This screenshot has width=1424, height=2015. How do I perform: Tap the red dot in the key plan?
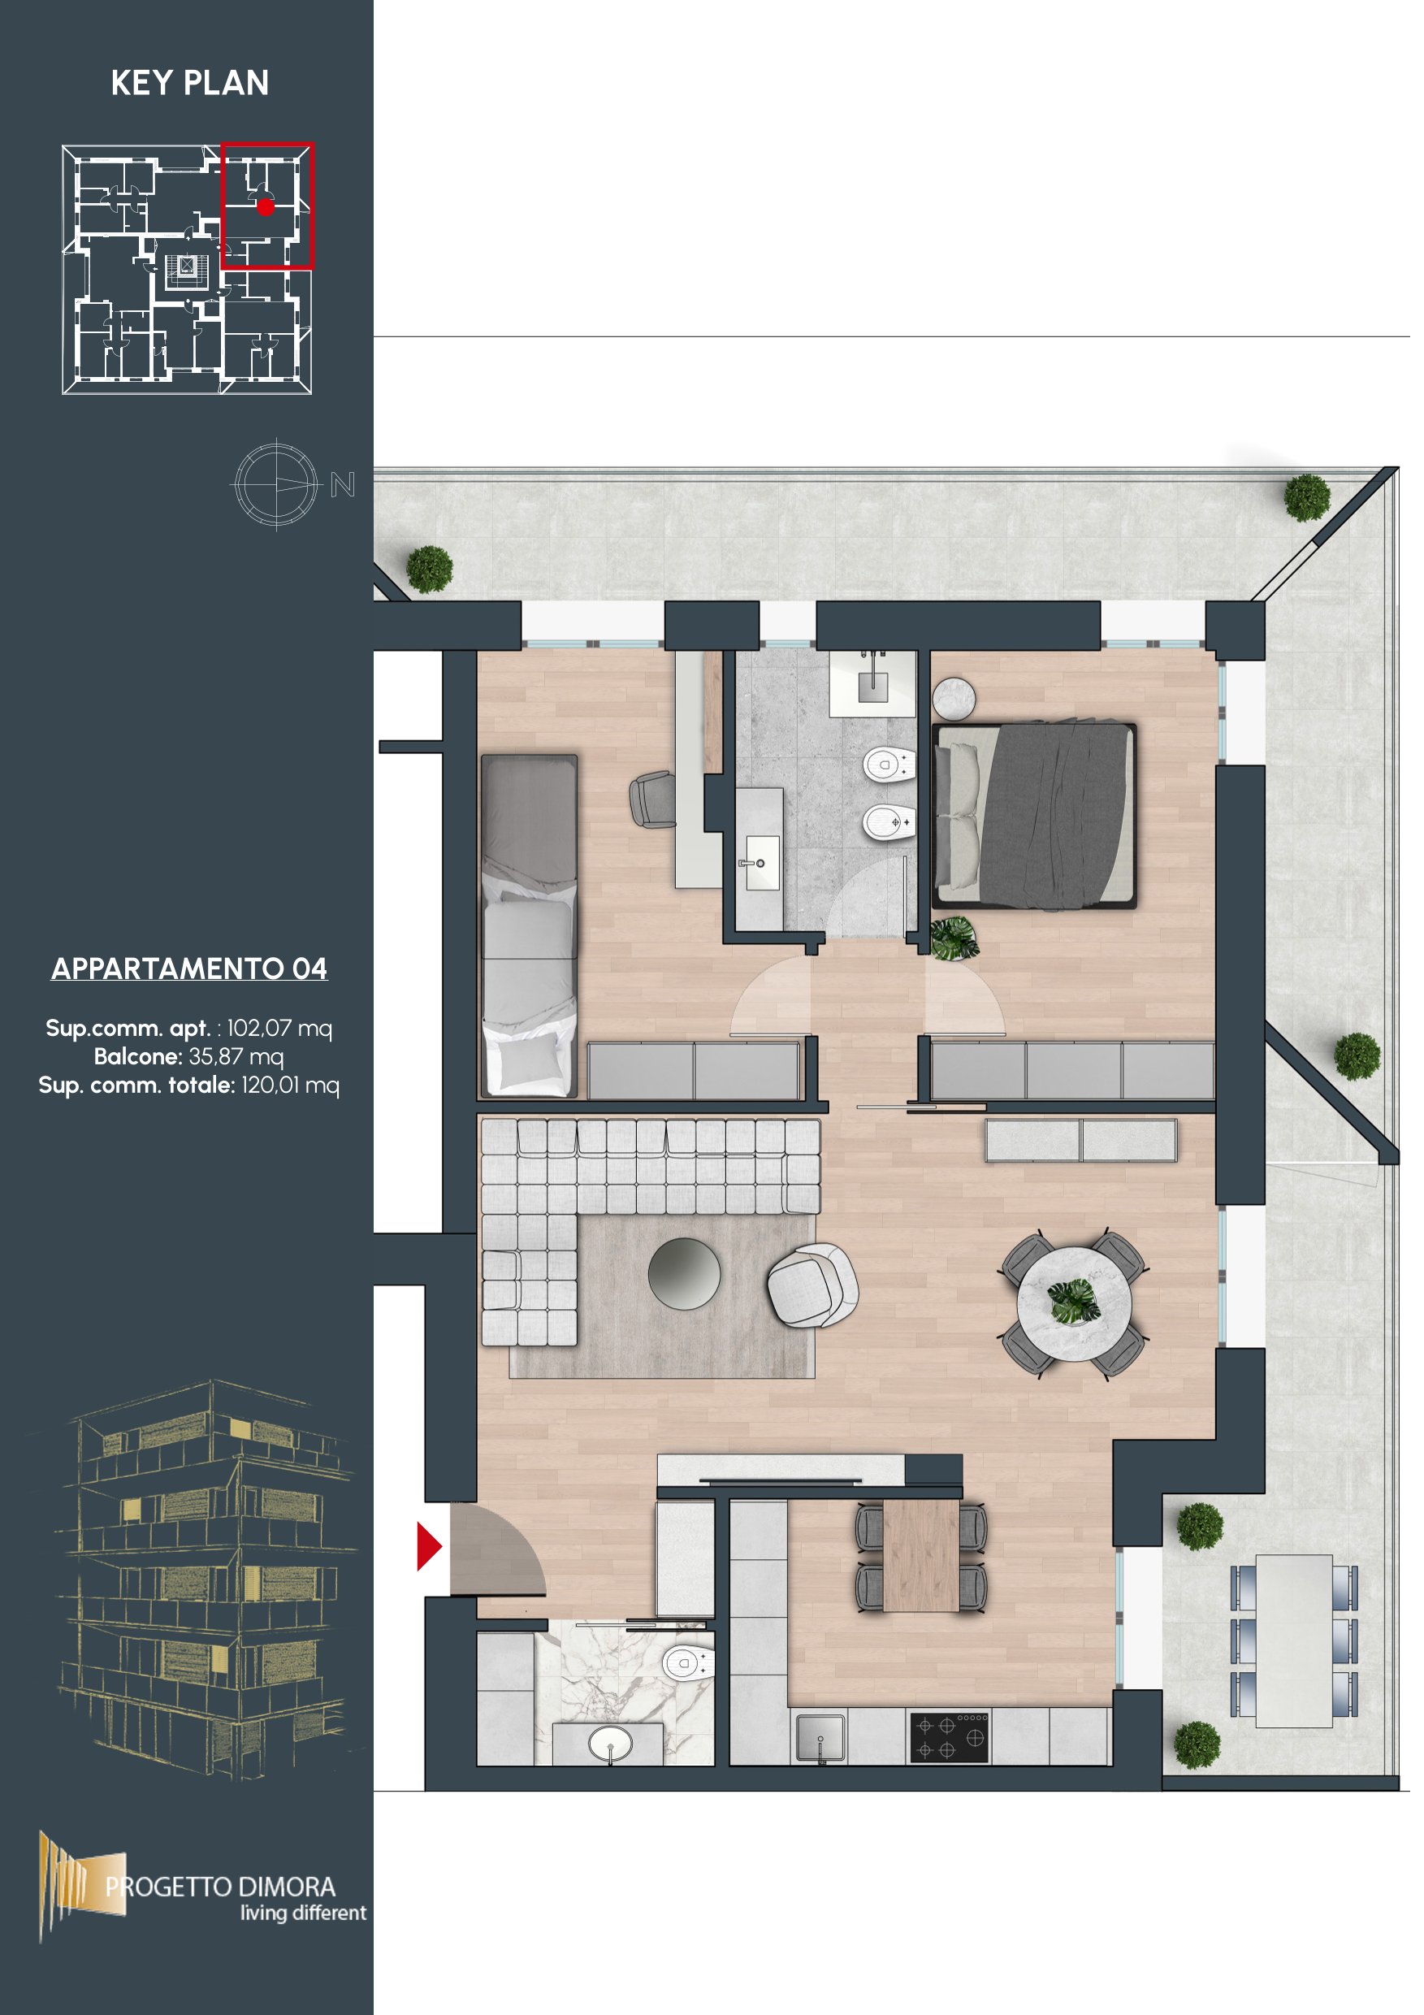pos(266,207)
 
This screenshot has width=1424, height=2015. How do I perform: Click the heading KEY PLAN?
pos(189,83)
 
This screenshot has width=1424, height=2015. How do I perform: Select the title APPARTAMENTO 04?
pos(189,968)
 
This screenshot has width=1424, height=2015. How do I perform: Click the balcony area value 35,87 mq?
pos(236,1056)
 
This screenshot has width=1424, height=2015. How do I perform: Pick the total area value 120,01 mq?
pos(291,1085)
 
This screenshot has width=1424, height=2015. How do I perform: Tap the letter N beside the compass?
pos(342,484)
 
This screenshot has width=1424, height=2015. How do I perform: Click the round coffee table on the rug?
pos(684,1273)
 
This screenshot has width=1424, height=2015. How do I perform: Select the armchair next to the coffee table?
pos(812,1286)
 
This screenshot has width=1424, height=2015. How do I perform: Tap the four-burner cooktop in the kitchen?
pos(949,1738)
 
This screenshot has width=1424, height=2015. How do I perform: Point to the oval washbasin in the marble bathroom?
pos(610,1743)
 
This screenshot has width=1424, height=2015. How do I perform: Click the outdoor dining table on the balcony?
pos(1294,1641)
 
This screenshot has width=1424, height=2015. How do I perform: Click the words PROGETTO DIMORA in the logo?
pos(220,1887)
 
